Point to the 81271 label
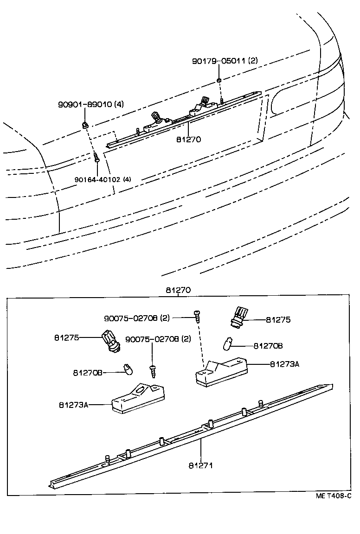pos(200,465)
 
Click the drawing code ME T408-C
pos(333,496)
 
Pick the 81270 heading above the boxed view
pos(178,291)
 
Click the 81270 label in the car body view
pos(188,139)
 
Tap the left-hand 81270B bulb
pos(126,369)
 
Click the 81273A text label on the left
pos(73,405)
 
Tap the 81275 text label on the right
pos(278,319)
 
